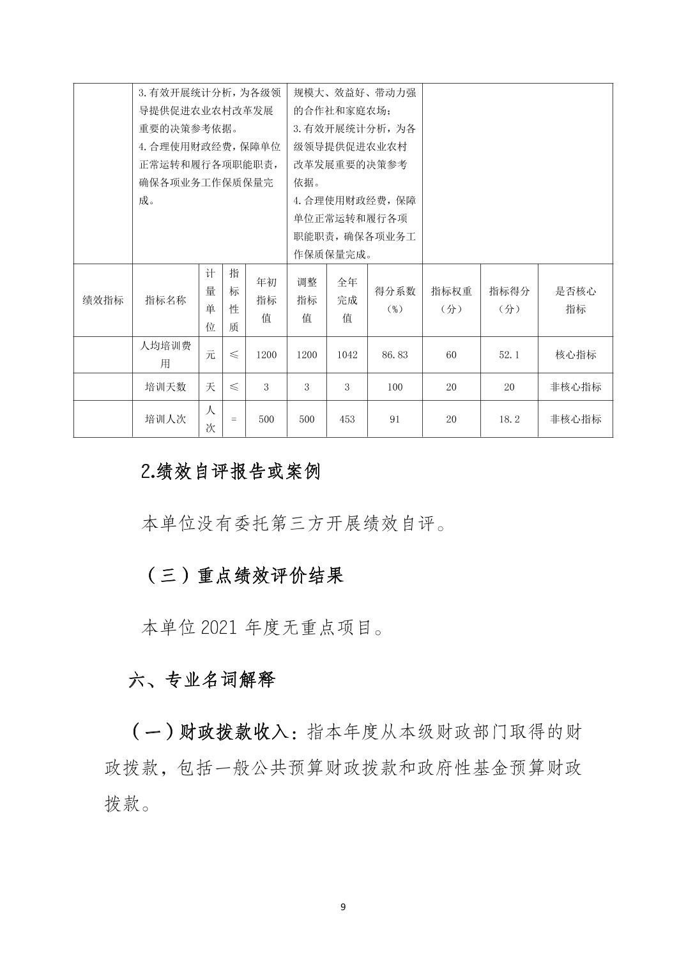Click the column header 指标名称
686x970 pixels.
coord(165,300)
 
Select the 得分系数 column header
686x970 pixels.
coord(395,300)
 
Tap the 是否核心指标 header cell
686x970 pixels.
coord(575,300)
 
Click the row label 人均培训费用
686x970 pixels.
coord(165,355)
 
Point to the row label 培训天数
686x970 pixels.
coord(165,387)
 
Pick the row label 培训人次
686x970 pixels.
coord(165,419)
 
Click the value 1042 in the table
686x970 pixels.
coord(347,355)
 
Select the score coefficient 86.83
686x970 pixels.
coord(395,355)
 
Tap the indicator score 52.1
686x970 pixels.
coord(509,355)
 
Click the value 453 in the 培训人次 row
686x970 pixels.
coord(347,419)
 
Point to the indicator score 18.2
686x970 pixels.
coord(509,419)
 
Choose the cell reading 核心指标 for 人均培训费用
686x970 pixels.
coord(575,355)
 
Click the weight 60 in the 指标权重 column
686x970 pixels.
coord(451,355)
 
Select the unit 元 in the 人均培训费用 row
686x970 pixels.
coord(210,355)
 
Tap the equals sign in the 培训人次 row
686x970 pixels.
coord(234,419)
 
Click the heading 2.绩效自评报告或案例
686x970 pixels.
coord(230,472)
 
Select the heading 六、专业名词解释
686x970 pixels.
coord(202,680)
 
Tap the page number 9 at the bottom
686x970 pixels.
coord(344,907)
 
